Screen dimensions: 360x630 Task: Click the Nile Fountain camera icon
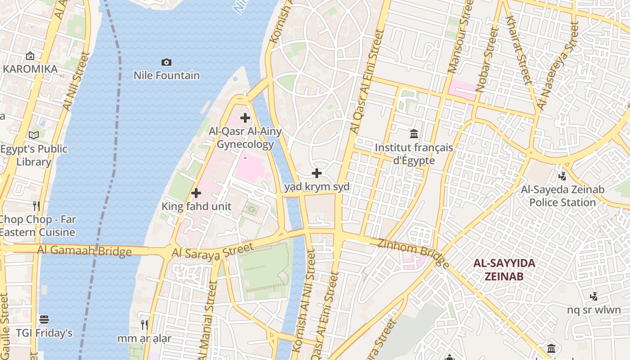pyautogui.click(x=166, y=62)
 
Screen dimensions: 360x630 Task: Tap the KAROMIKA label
pyautogui.click(x=30, y=69)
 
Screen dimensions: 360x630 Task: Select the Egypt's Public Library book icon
pyautogui.click(x=34, y=135)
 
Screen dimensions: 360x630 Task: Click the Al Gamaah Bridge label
pyautogui.click(x=85, y=250)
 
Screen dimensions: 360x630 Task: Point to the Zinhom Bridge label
pyautogui.click(x=413, y=253)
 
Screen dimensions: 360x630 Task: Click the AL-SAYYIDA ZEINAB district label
pyautogui.click(x=504, y=270)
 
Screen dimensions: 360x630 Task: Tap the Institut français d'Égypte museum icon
pyautogui.click(x=414, y=134)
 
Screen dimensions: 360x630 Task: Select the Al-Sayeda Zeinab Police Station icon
pyautogui.click(x=562, y=176)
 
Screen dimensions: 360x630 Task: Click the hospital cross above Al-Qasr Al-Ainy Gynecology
pyautogui.click(x=245, y=118)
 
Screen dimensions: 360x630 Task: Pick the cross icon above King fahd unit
pyautogui.click(x=196, y=193)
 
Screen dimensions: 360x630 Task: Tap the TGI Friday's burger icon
pyautogui.click(x=44, y=319)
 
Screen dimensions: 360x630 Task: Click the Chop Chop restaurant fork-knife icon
pyautogui.click(x=36, y=206)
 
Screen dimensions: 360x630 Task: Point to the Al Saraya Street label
pyautogui.click(x=212, y=251)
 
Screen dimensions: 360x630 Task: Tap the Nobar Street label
pyautogui.click(x=487, y=61)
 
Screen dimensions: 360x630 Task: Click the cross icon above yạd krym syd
pyautogui.click(x=317, y=173)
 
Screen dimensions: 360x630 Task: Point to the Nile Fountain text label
pyautogui.click(x=166, y=75)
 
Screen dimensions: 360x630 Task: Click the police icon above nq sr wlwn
pyautogui.click(x=594, y=296)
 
